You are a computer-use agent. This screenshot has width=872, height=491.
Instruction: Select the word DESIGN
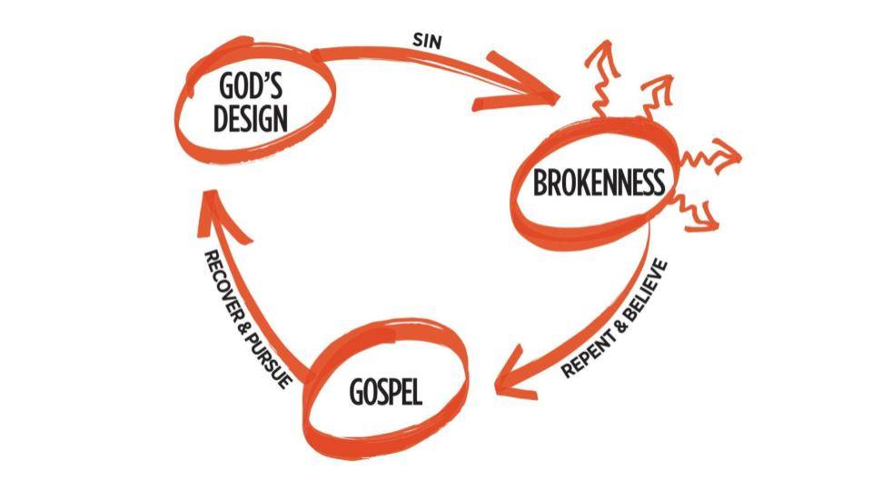tap(251, 118)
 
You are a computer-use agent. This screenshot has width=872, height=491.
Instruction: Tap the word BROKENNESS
tap(599, 182)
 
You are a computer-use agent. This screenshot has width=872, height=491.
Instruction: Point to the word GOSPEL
tap(385, 391)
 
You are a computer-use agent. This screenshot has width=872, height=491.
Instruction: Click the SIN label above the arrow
tap(427, 41)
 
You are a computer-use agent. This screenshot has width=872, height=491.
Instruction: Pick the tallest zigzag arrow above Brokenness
tap(600, 78)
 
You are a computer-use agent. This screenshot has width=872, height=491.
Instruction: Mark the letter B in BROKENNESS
tap(540, 183)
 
